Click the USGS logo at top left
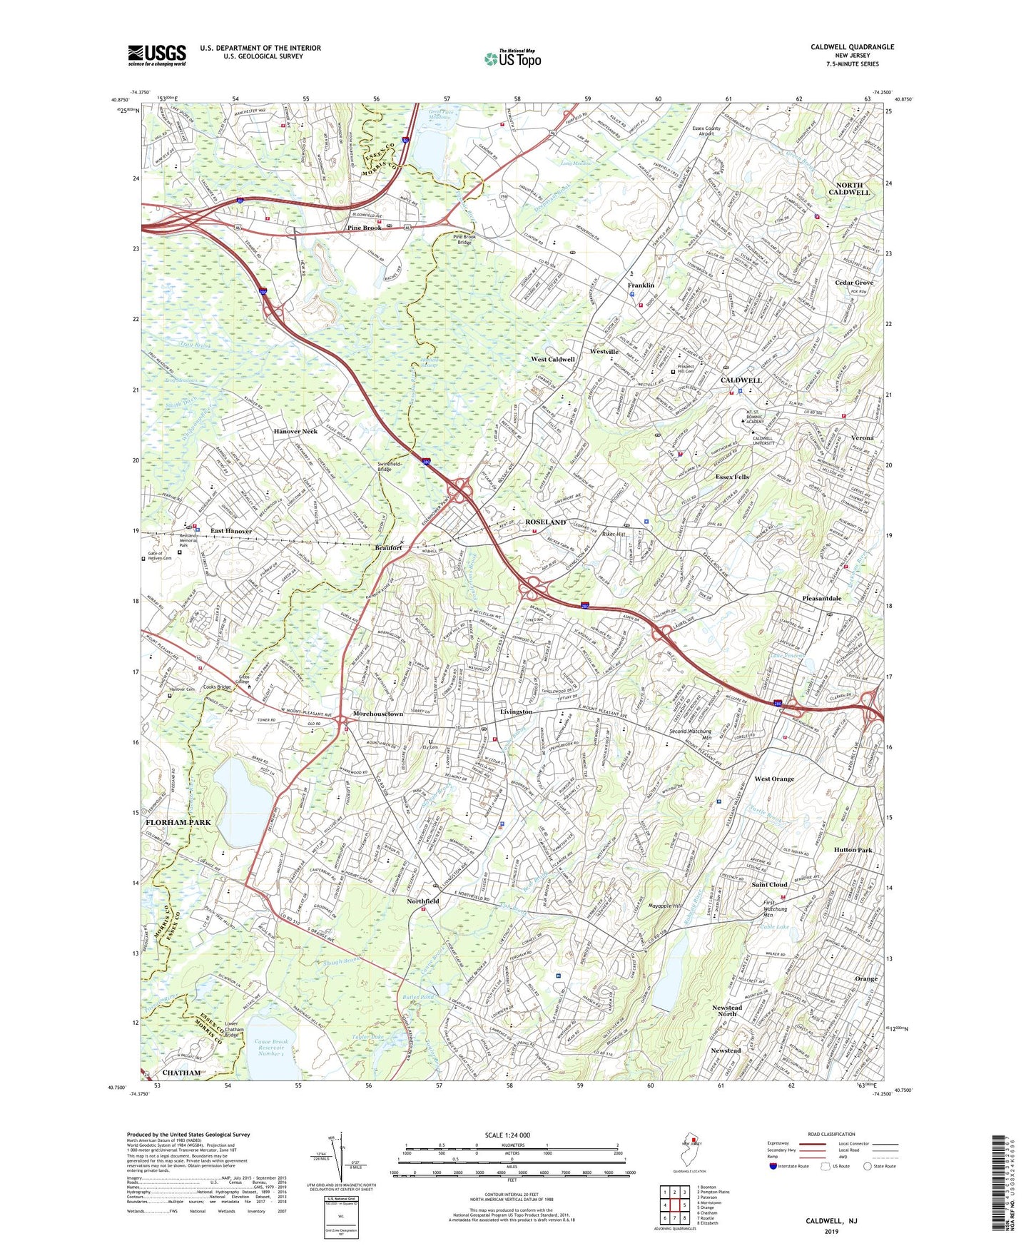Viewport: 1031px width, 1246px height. pyautogui.click(x=157, y=54)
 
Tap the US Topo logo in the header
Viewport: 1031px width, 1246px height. pyautogui.click(x=512, y=59)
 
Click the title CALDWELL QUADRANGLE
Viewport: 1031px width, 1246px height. pyautogui.click(x=852, y=47)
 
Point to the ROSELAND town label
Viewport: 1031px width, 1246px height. pyautogui.click(x=546, y=522)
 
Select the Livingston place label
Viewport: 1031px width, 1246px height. pyautogui.click(x=516, y=711)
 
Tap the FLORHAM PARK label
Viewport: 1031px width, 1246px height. pyautogui.click(x=178, y=822)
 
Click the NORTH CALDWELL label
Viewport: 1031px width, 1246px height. pyautogui.click(x=849, y=188)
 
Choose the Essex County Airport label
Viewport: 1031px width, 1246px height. pyautogui.click(x=706, y=131)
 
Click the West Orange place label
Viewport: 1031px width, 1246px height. pyautogui.click(x=774, y=779)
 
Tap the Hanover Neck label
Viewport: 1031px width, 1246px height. pyautogui.click(x=295, y=432)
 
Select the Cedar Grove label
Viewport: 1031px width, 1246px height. pyautogui.click(x=854, y=283)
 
